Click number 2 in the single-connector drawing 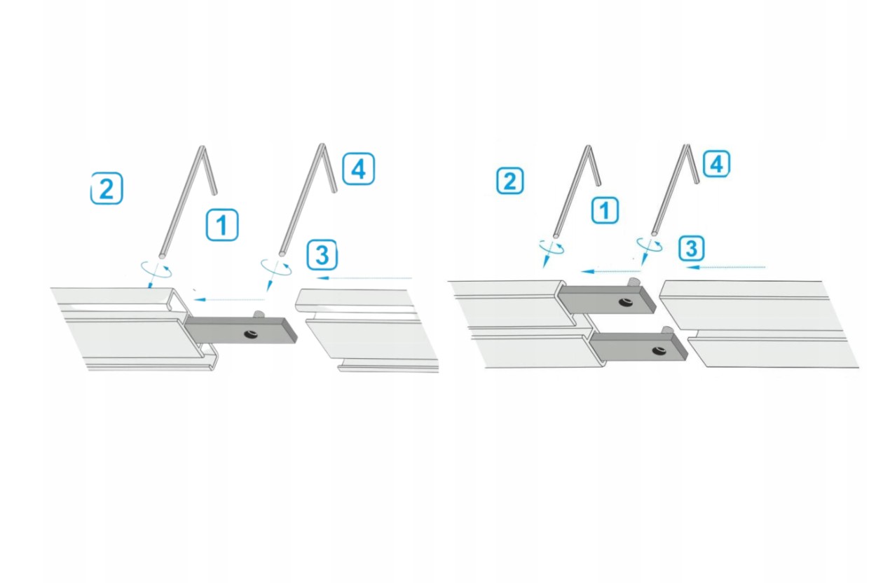click(107, 188)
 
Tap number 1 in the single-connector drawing click(222, 225)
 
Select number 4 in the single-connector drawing click(358, 169)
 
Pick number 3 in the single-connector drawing click(322, 255)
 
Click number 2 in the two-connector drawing click(510, 181)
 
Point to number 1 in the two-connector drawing click(605, 210)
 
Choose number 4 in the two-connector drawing click(717, 163)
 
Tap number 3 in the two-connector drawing click(692, 248)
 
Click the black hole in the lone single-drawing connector click(251, 335)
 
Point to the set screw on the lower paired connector click(666, 329)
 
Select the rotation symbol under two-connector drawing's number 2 click(551, 247)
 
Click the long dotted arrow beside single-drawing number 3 click(364, 277)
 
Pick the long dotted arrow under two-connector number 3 click(725, 268)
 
